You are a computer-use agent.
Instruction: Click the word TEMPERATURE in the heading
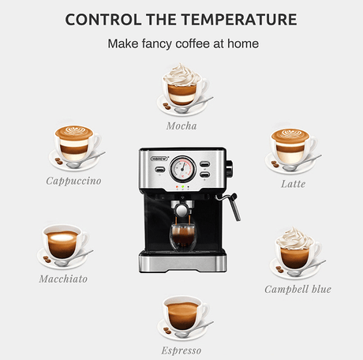[239, 20]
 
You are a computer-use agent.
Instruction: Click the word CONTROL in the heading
[103, 20]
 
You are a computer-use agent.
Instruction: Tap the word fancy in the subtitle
[157, 44]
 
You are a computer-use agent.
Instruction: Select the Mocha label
[181, 126]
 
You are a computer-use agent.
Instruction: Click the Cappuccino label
[73, 181]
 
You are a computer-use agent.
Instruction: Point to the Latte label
[294, 184]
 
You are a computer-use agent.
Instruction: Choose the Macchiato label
[63, 279]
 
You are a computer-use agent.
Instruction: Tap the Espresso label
[181, 351]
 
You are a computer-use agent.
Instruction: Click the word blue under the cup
[321, 289]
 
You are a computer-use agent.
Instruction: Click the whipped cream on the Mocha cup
[182, 74]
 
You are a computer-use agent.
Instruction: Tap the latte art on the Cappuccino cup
[75, 131]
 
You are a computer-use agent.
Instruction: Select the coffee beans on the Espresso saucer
[167, 330]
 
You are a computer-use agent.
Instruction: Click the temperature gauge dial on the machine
[183, 169]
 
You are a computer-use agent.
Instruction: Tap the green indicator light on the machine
[182, 187]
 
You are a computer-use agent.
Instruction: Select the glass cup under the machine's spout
[183, 237]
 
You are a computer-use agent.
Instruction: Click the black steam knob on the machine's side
[229, 168]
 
